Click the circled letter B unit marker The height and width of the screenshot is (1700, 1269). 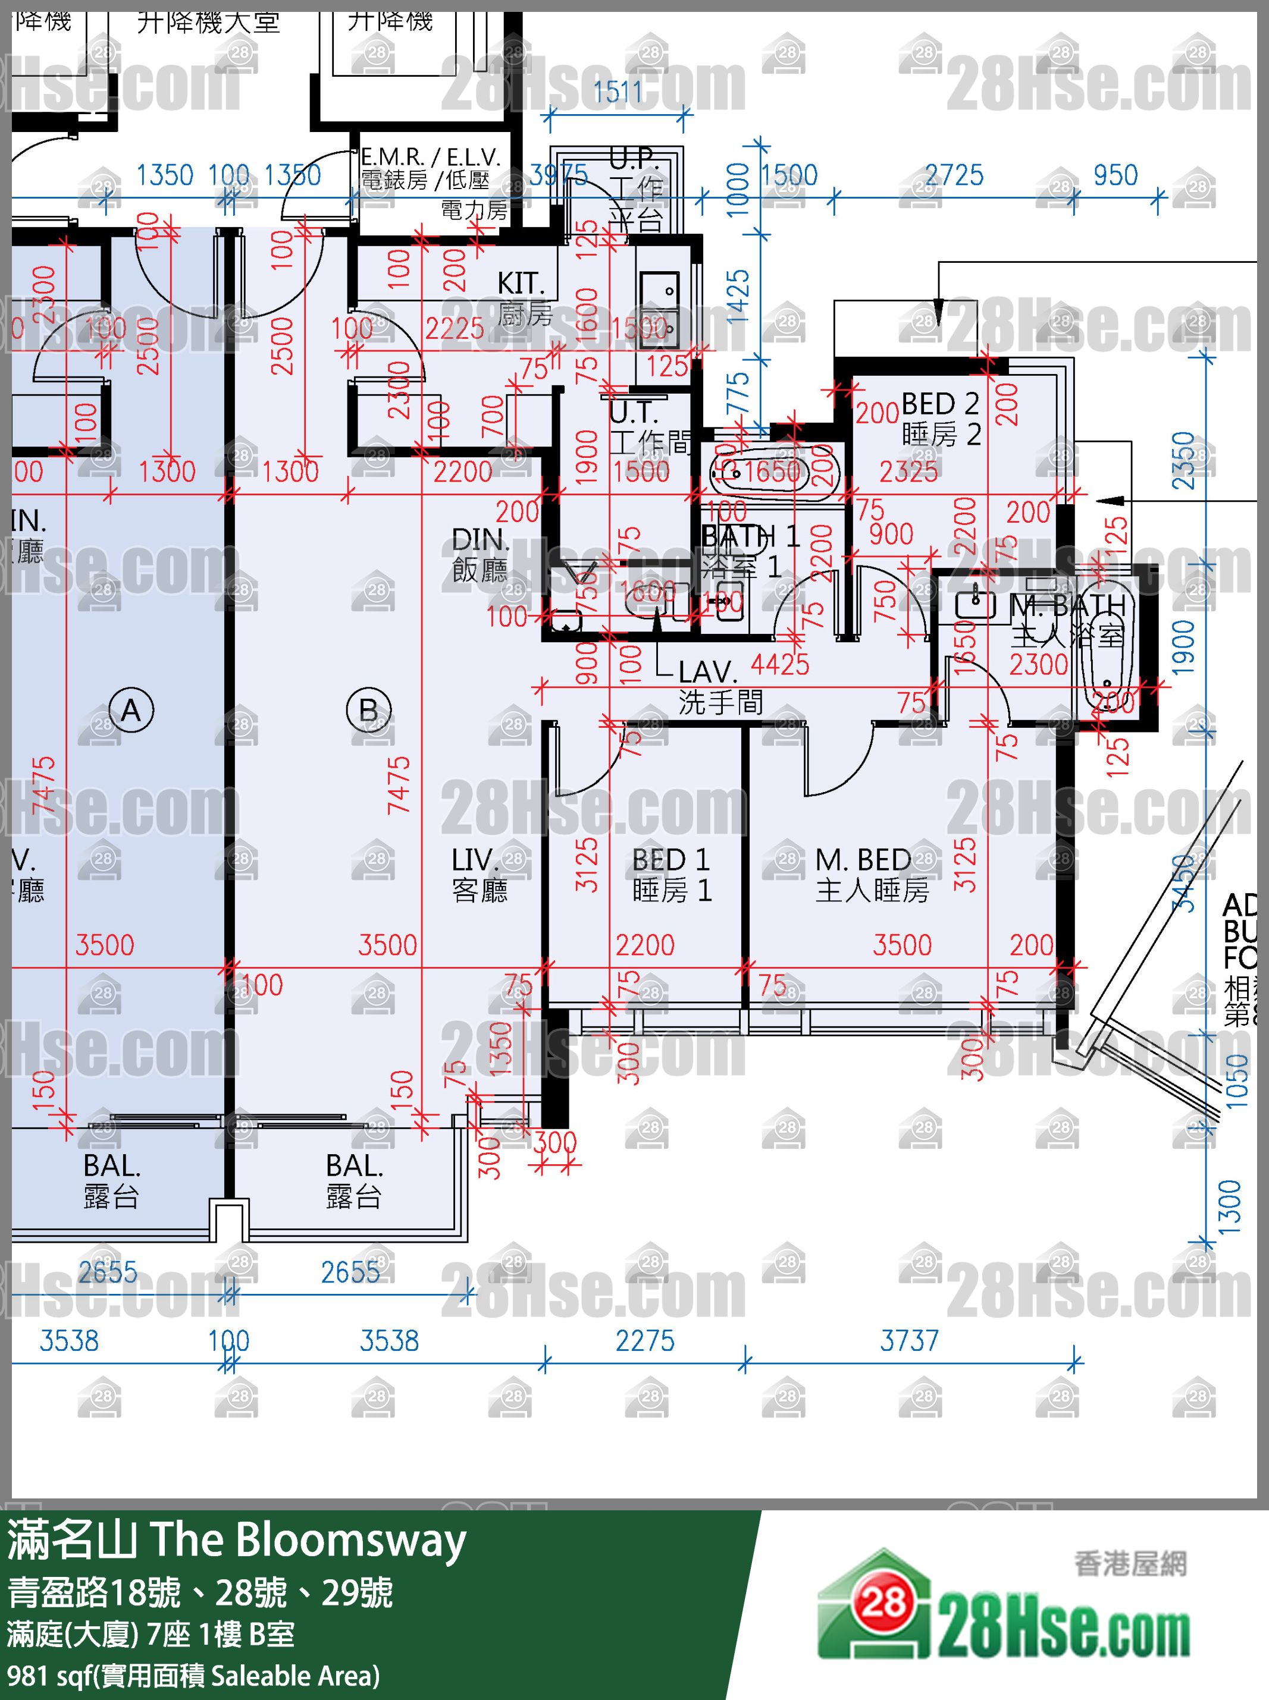369,709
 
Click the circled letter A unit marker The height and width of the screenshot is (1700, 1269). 131,709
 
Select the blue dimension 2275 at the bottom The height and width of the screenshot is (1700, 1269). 644,1341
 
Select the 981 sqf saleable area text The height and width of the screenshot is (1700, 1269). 192,1676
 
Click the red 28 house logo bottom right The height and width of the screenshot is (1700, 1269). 883,1602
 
